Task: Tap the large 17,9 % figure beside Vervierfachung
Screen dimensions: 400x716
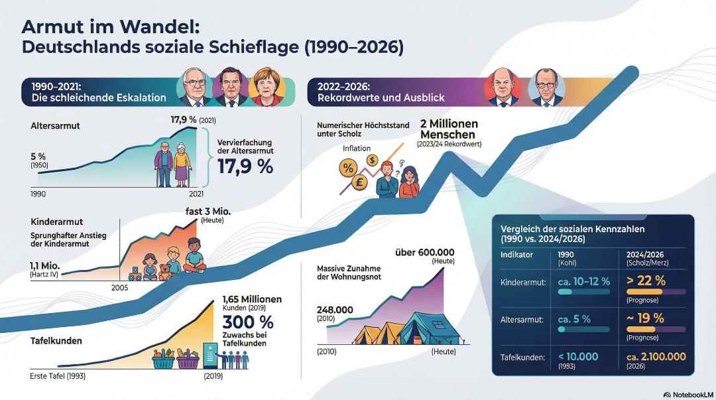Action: coord(245,166)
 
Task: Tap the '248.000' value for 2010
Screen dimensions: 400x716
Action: coord(335,310)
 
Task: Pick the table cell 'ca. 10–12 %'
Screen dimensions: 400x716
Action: coord(583,281)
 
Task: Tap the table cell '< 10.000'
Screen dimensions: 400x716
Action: coord(578,357)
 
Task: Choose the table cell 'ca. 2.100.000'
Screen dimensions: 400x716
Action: coord(656,357)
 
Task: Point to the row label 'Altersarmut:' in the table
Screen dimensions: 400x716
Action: coord(522,320)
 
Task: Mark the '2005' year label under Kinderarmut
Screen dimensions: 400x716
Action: coord(120,287)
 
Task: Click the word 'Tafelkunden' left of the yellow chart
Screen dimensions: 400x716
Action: coord(56,341)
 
